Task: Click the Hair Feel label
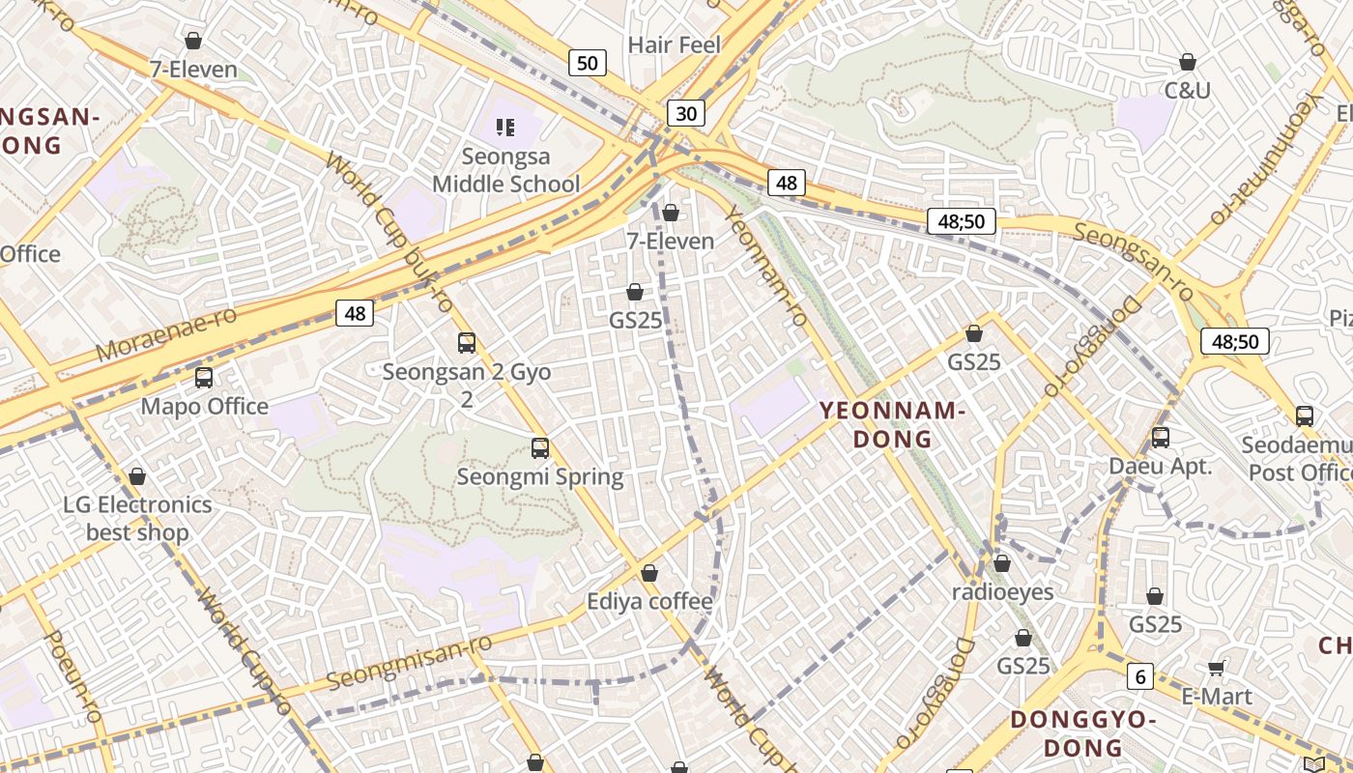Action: coord(675,44)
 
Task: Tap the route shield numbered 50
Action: coord(587,64)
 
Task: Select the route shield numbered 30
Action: coord(685,114)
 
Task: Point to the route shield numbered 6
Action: coord(1140,677)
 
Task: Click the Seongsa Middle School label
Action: coord(505,170)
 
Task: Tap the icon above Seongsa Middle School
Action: coord(504,127)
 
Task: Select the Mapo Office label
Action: coord(205,406)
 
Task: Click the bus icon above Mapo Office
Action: coord(204,378)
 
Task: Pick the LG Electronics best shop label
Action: coord(137,518)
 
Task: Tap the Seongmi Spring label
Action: coord(539,476)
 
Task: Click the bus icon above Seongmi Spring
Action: coord(540,448)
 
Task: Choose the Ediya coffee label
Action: coord(649,602)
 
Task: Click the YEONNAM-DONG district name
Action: coord(892,425)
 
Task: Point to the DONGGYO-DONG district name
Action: coord(1082,733)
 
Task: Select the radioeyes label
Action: coord(1002,591)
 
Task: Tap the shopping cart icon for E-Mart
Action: coord(1217,668)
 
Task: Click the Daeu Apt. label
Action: coord(1160,466)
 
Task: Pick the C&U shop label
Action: coord(1187,91)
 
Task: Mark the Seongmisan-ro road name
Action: coord(409,662)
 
